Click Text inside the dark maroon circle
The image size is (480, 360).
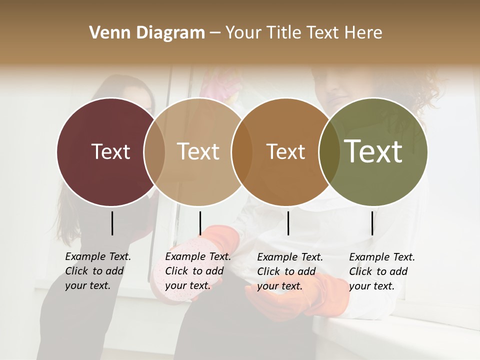[x=110, y=151]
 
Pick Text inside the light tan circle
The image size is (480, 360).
[x=198, y=151]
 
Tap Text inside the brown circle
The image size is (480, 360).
[x=285, y=151]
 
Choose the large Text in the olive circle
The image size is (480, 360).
[x=373, y=151]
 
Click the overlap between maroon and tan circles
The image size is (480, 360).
[x=154, y=151]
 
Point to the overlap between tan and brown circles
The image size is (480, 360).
[x=242, y=151]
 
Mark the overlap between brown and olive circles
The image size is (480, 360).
[x=329, y=151]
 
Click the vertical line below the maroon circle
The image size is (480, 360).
[x=112, y=223]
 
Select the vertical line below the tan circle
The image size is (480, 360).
[x=200, y=223]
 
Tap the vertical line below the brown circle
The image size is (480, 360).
[x=288, y=223]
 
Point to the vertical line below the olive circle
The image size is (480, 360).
[x=372, y=223]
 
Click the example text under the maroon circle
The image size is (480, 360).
[x=97, y=271]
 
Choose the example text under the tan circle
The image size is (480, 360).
[x=197, y=271]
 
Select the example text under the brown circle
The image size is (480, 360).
[x=289, y=271]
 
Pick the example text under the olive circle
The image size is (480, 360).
[x=381, y=271]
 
